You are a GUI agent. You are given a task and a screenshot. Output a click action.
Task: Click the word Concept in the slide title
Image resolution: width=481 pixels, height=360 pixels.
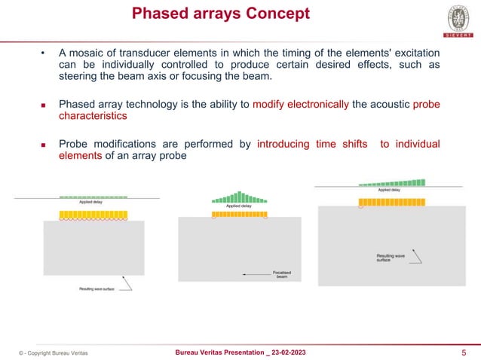click(x=275, y=14)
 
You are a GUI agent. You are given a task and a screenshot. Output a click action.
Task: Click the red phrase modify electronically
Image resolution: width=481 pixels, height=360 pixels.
click(x=301, y=105)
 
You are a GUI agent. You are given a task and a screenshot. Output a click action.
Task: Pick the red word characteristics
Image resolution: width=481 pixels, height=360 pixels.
click(x=93, y=117)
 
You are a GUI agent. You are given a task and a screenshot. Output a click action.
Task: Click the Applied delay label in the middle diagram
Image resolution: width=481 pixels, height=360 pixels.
click(x=239, y=205)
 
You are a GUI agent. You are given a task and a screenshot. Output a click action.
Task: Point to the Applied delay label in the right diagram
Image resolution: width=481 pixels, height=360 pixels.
click(x=390, y=190)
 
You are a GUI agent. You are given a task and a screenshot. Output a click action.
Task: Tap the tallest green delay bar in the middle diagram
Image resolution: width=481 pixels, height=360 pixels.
click(x=240, y=197)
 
